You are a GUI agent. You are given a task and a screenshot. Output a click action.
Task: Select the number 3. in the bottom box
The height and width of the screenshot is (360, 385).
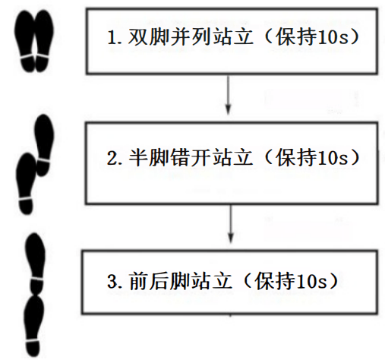(x=115, y=281)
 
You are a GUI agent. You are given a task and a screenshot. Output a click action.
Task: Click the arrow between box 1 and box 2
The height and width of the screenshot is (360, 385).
(x=228, y=94)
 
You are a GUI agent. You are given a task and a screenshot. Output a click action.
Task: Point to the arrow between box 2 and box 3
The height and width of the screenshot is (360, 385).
(x=230, y=223)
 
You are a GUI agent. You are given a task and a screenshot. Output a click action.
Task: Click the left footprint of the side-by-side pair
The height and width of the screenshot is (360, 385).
(x=25, y=41)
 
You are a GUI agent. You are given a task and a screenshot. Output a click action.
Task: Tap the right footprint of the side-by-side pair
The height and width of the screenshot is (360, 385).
(x=44, y=41)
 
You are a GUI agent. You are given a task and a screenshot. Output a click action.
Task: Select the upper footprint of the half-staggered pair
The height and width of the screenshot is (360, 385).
(x=44, y=145)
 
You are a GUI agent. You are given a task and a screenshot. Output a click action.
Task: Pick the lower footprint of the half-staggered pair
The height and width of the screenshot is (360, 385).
(x=26, y=184)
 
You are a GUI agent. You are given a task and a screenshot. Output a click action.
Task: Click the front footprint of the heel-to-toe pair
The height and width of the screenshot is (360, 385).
(x=36, y=264)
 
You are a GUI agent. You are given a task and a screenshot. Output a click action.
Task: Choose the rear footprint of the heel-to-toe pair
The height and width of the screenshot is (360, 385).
(x=34, y=327)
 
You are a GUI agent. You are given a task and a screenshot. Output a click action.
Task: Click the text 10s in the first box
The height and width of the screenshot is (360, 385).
(x=332, y=37)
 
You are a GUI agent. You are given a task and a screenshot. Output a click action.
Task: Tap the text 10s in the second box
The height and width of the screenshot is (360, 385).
(x=332, y=157)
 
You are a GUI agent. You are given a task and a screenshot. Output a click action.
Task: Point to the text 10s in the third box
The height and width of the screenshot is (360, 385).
(x=311, y=281)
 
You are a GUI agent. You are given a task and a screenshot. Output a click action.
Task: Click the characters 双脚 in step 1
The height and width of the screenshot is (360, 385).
(x=149, y=37)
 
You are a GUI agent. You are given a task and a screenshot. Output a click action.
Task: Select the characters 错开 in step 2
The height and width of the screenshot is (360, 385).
(x=191, y=157)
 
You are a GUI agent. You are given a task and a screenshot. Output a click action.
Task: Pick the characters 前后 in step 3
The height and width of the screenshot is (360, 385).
(x=149, y=281)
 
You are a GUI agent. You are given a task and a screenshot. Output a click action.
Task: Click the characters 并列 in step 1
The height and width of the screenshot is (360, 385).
(x=191, y=37)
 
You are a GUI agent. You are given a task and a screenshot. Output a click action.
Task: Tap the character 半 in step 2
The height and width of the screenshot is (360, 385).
(x=138, y=157)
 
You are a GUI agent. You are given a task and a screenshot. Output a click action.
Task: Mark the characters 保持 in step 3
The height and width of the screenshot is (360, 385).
(x=274, y=281)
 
